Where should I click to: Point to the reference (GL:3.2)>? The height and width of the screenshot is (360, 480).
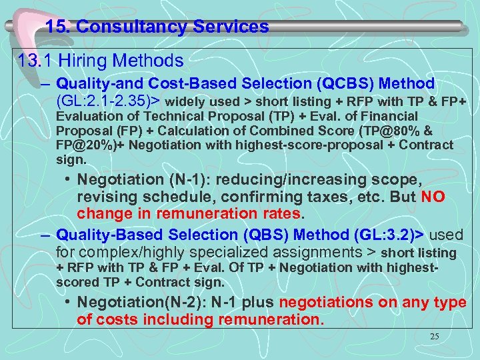coord(385,235)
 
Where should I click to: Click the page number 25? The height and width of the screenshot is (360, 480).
coord(434,337)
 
